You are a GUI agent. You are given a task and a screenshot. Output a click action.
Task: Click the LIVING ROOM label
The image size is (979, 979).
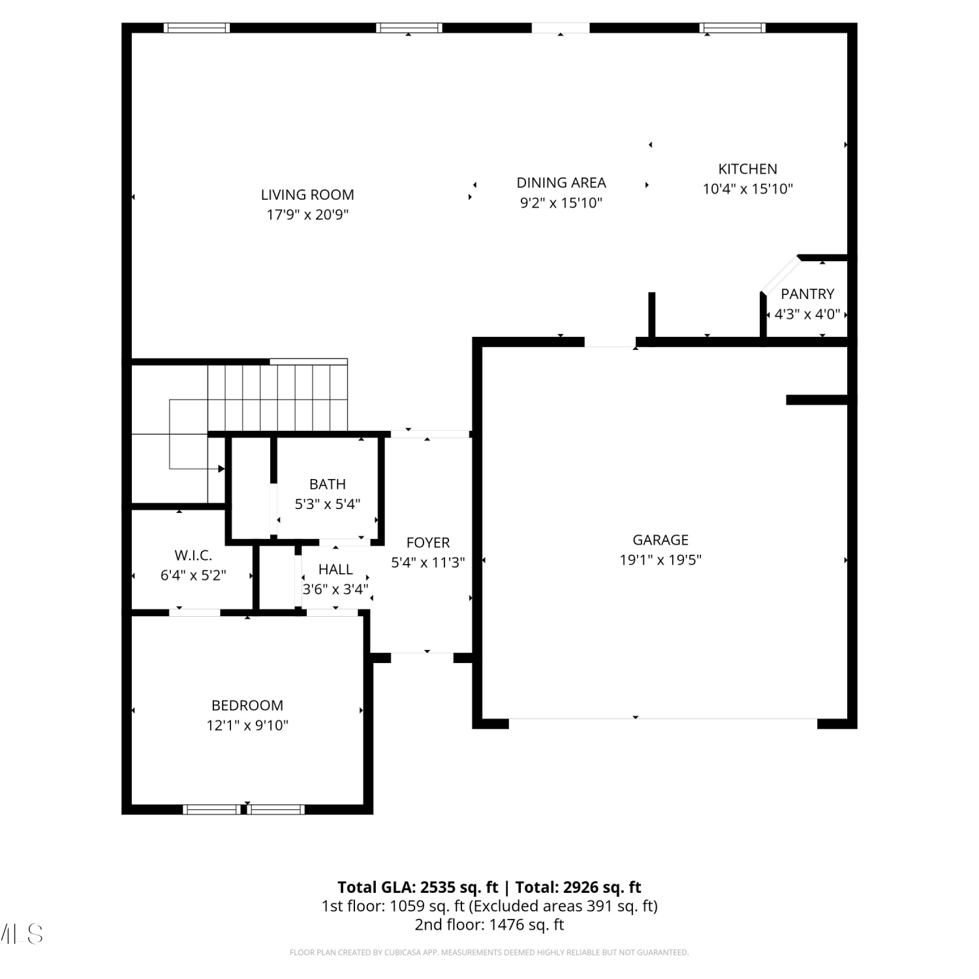pyautogui.click(x=307, y=194)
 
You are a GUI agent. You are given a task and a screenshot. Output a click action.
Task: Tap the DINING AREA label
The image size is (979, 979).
pyautogui.click(x=561, y=183)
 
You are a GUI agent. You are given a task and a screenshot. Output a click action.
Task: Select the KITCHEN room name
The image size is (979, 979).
pyautogui.click(x=747, y=169)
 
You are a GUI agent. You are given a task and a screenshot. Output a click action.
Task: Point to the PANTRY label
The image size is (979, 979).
pyautogui.click(x=807, y=294)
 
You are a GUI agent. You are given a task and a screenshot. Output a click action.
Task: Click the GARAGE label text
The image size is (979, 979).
pyautogui.click(x=660, y=540)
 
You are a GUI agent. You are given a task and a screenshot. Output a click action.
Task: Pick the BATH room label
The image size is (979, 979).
pyautogui.click(x=328, y=484)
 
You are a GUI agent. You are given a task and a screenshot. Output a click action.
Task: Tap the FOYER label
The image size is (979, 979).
pyautogui.click(x=428, y=542)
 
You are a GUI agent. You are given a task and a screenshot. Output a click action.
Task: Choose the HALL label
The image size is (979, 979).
pyautogui.click(x=335, y=570)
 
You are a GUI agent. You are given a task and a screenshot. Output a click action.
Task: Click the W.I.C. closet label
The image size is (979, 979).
pyautogui.click(x=193, y=555)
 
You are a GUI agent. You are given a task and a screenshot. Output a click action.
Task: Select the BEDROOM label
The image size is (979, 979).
pyautogui.click(x=247, y=706)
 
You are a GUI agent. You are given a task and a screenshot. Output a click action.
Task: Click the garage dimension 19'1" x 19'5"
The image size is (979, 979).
pyautogui.click(x=660, y=560)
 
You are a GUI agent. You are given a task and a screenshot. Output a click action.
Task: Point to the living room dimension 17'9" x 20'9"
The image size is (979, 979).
pyautogui.click(x=307, y=215)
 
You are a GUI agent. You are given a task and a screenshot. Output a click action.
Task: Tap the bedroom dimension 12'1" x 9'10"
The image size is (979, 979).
pyautogui.click(x=247, y=725)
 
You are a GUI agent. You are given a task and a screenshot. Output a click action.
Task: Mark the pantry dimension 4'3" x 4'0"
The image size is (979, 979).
pyautogui.click(x=807, y=314)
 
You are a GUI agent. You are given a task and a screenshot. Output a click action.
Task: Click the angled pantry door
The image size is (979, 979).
pyautogui.click(x=780, y=275)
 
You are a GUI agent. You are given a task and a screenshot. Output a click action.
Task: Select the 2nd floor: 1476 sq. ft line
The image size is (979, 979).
pyautogui.click(x=489, y=925)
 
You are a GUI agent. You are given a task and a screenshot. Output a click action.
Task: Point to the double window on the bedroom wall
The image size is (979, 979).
pyautogui.click(x=244, y=809)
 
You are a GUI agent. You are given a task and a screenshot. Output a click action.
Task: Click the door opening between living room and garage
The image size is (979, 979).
pyautogui.click(x=610, y=342)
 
